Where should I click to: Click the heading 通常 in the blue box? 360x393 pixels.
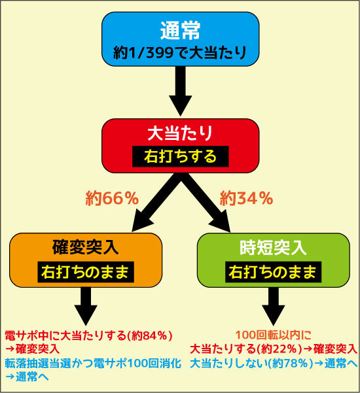[180, 30]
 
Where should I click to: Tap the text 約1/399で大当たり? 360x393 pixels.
[180, 53]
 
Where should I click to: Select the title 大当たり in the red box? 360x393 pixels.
[180, 133]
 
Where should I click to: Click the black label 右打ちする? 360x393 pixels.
[181, 156]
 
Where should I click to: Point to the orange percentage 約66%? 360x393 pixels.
[112, 198]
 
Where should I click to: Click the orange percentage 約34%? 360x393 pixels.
[246, 198]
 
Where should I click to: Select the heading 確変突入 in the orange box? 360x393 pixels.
[86, 247]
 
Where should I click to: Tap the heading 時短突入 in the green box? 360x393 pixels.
[273, 247]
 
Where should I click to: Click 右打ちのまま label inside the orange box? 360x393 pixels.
[86, 272]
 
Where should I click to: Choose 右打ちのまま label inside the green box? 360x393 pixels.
[273, 272]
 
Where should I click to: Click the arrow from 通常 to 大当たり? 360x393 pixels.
[181, 92]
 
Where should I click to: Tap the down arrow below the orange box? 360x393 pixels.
[86, 306]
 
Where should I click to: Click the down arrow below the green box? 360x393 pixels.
[273, 306]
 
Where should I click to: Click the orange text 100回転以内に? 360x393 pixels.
[274, 335]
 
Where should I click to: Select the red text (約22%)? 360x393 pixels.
[279, 349]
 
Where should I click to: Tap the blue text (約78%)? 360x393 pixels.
[291, 364]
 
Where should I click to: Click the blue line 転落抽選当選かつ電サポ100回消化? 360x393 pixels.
[93, 364]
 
